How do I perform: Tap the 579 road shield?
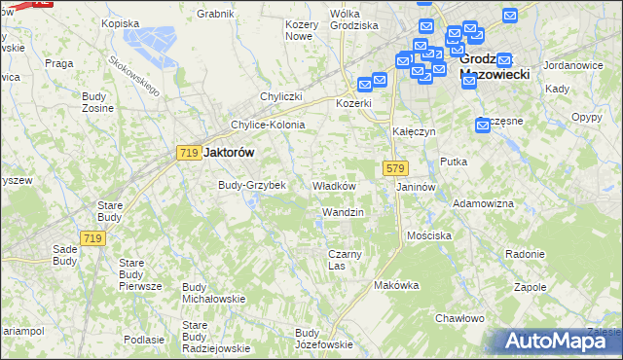coord(394,168)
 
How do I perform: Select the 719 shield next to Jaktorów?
coord(189,153)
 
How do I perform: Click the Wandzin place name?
coord(343,212)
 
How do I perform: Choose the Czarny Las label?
coord(345,260)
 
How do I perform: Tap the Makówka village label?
coord(396,285)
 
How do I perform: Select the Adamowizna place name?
coord(484,204)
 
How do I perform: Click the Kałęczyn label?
coord(413,131)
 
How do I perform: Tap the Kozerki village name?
coord(354,103)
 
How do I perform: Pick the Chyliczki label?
coord(282,96)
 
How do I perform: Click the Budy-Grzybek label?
coord(251,185)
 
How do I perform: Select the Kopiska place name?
coord(121,22)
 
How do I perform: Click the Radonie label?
coord(525,254)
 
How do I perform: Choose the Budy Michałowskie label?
coord(213,293)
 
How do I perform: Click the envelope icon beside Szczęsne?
coord(484,125)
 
